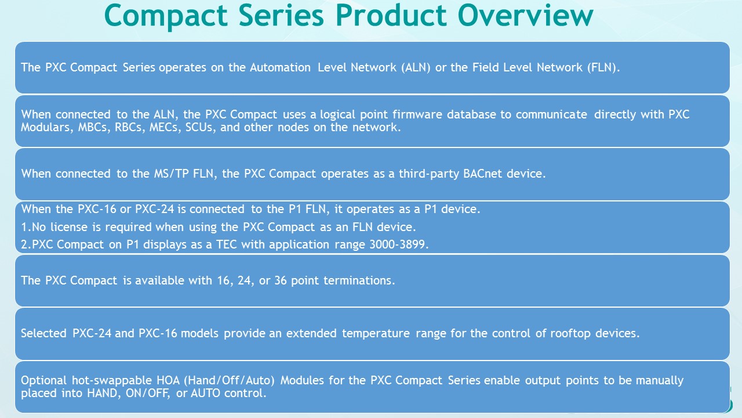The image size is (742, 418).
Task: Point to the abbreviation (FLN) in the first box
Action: (602, 67)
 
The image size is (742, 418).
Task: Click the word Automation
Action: (281, 67)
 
